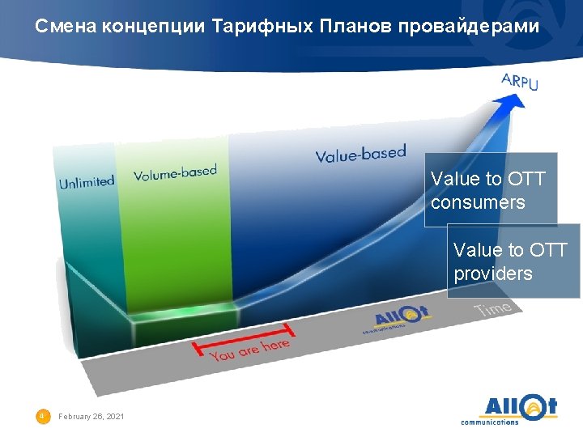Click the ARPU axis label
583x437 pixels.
tap(520, 80)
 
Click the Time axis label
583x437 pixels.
tap(493, 308)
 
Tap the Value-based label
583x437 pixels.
tap(360, 154)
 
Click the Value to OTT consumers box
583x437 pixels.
tap(491, 190)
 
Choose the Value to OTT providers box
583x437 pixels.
tap(513, 261)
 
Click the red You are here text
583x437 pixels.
tap(249, 350)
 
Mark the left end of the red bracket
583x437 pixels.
tap(195, 348)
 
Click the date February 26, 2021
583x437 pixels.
tap(91, 416)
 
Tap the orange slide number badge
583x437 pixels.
tap(42, 416)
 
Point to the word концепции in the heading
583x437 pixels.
tap(153, 26)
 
